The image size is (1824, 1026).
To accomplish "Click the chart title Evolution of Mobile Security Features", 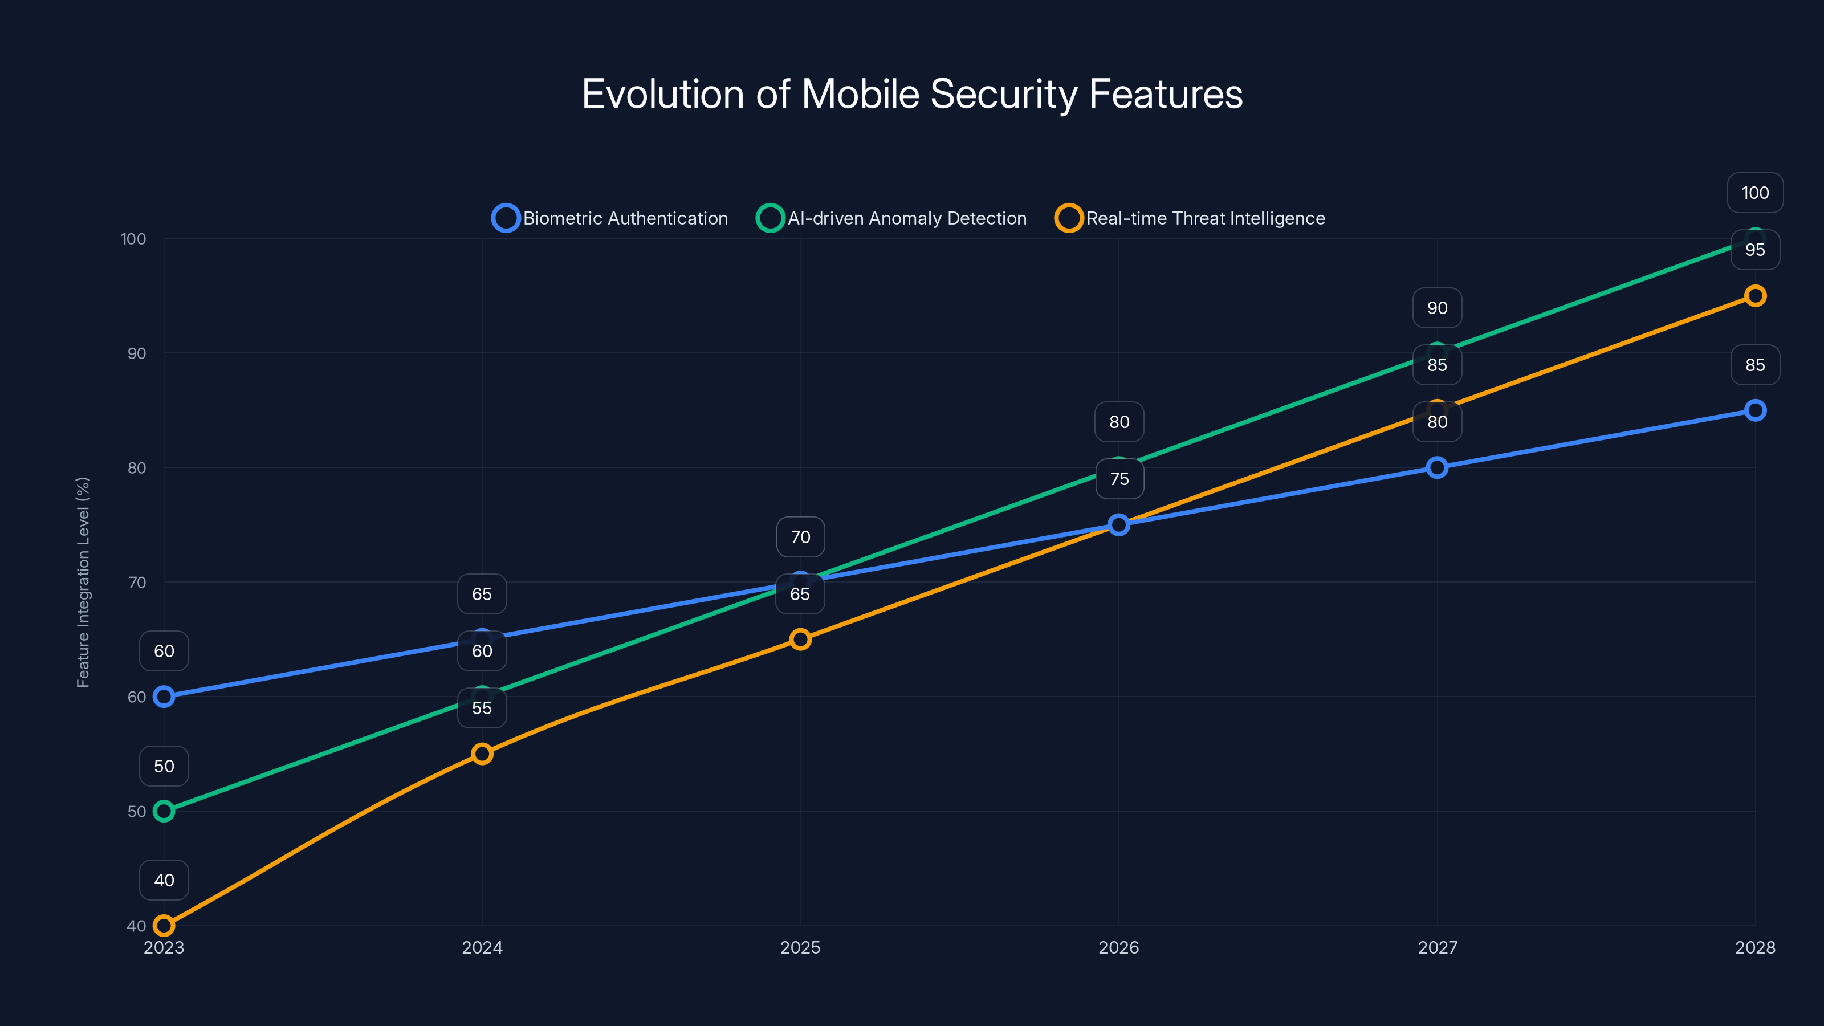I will (912, 94).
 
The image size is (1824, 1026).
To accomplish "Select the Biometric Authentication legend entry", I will (610, 218).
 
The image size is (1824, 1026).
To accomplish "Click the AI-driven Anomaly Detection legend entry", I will (892, 218).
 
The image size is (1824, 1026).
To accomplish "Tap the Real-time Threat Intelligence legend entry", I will (1190, 218).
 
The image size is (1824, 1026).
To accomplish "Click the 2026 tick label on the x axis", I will (1119, 947).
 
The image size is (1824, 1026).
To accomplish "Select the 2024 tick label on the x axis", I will (482, 947).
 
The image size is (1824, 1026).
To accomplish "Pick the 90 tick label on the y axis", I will (137, 353).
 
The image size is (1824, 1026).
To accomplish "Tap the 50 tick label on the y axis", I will (137, 812).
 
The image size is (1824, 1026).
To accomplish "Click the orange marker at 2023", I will (164, 926).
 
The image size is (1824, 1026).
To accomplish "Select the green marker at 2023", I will (164, 811).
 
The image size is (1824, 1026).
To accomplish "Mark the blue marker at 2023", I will (164, 697).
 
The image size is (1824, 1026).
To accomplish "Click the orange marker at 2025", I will (800, 640).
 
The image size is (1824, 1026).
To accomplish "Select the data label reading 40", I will (164, 880).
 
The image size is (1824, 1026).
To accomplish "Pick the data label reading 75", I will (1119, 479).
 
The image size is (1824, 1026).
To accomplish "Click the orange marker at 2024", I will (482, 754).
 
